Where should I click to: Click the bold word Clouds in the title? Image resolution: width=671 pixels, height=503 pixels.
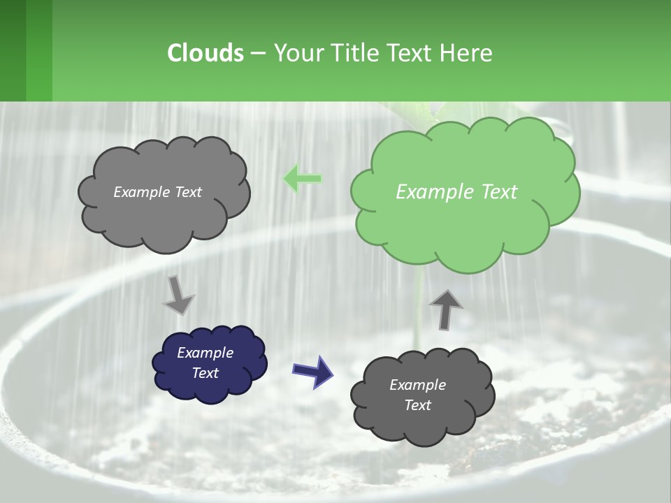point(205,53)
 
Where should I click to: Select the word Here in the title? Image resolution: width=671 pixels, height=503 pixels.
point(466,53)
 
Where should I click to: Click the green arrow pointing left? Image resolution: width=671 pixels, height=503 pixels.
point(303,179)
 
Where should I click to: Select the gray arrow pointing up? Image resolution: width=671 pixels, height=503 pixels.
point(445,309)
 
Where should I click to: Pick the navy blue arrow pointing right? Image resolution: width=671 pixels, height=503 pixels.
point(313,371)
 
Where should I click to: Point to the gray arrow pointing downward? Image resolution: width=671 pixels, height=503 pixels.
point(178,295)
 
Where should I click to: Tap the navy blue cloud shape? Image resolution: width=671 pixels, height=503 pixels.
point(209,363)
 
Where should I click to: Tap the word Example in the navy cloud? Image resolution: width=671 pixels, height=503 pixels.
point(205,353)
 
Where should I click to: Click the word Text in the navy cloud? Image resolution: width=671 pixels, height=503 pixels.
point(205,373)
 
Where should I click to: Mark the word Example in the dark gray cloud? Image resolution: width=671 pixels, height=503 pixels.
point(417,385)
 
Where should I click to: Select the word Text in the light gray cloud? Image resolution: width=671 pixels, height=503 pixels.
point(187,192)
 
